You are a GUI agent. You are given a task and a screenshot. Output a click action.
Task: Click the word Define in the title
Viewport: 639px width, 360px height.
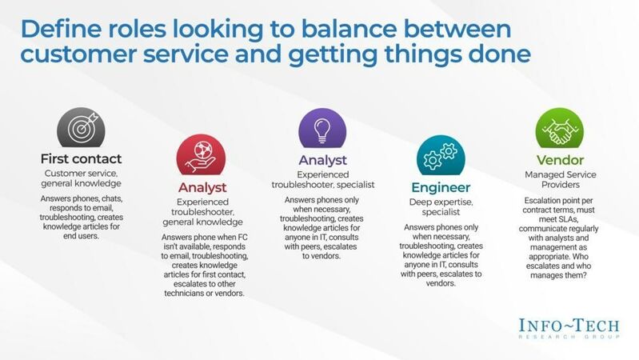(x=64, y=30)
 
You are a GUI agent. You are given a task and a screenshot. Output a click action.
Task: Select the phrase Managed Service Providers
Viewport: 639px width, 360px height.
(x=557, y=180)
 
